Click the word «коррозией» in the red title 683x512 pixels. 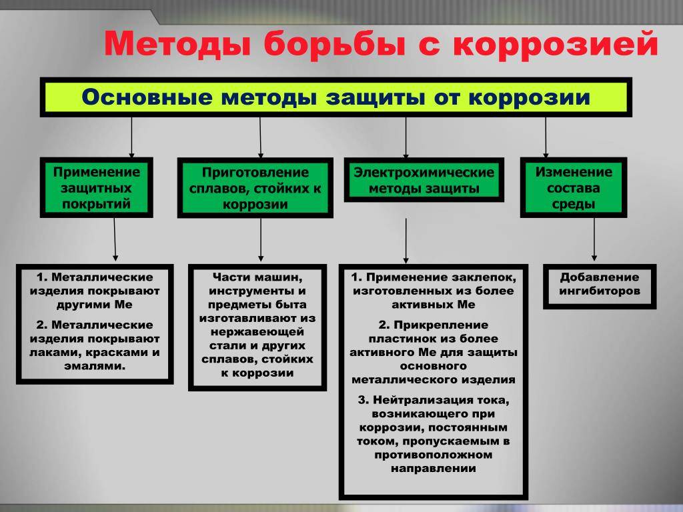tap(555, 45)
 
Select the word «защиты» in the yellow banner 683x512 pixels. tap(376, 97)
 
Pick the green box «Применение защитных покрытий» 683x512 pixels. tap(96, 187)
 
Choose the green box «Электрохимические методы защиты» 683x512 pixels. tap(424, 180)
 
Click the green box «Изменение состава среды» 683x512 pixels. tap(573, 187)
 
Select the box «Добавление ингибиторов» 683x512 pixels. tap(600, 286)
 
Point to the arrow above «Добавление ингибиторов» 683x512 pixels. tap(594, 239)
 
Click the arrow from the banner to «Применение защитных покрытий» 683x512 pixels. tap(131, 137)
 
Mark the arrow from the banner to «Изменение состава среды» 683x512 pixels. tap(546, 137)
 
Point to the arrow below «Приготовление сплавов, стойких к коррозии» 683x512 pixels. tap(261, 239)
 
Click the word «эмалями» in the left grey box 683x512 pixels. tap(95, 366)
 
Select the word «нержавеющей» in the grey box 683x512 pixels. tap(257, 332)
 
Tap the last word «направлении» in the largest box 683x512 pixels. tap(434, 469)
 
